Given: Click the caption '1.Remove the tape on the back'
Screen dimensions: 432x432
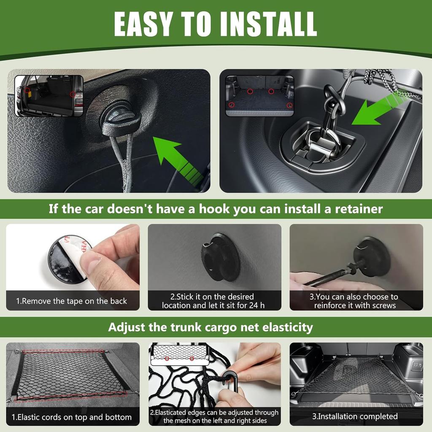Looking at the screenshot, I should click(72, 301).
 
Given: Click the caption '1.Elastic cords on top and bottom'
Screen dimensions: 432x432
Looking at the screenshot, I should click(72, 417).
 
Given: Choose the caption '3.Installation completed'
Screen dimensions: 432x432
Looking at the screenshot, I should click(355, 416).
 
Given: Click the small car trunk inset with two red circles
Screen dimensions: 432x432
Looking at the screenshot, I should click(49, 96).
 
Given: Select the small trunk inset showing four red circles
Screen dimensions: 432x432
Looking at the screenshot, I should click(259, 96).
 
